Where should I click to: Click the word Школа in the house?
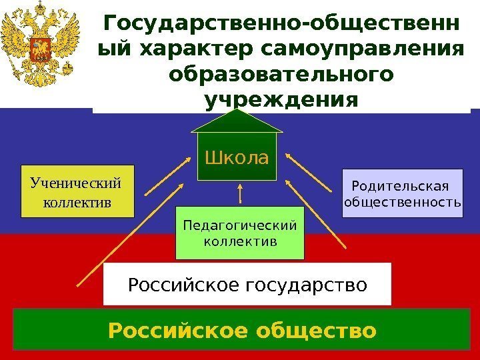[x=237, y=159]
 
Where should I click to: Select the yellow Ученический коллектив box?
[x=77, y=192]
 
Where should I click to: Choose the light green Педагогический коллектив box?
[x=239, y=233]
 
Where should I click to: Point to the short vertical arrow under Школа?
[x=239, y=193]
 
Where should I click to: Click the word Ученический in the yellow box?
[x=77, y=182]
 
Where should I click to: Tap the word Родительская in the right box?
[x=400, y=185]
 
